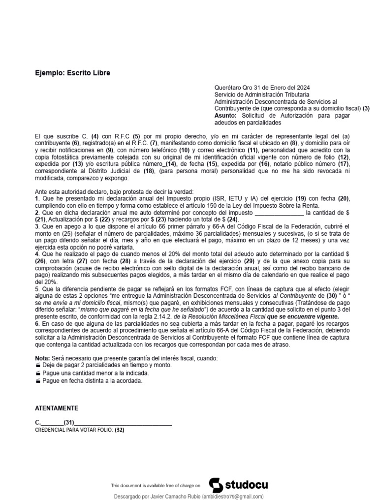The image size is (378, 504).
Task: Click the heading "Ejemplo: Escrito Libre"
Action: click(73, 73)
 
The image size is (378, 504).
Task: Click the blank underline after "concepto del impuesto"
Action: click(279, 213)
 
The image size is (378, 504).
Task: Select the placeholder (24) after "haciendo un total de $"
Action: click(232, 219)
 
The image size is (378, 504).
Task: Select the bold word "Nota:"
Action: click(43, 357)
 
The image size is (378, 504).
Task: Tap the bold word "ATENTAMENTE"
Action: click(57, 409)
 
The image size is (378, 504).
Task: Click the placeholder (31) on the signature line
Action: click(69, 422)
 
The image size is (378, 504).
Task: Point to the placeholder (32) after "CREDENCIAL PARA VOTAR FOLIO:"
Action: click(120, 430)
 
